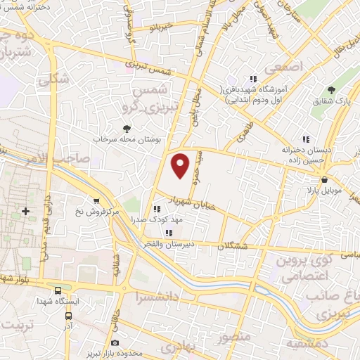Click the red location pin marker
point(181,165)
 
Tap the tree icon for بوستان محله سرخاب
point(127,128)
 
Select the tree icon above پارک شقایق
point(332,90)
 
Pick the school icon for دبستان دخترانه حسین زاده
point(304,139)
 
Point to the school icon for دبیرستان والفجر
point(168,233)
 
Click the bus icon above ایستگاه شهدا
point(58,290)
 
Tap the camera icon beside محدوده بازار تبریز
point(115,342)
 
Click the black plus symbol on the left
point(26,211)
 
